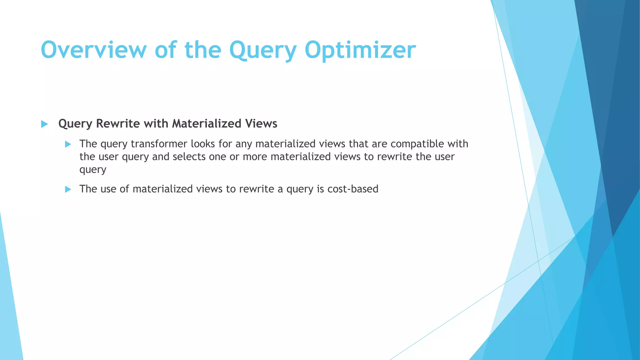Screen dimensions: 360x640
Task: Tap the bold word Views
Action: (x=261, y=123)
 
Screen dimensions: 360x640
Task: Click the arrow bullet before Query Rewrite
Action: (x=44, y=124)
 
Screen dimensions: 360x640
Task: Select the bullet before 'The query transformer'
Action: (x=68, y=144)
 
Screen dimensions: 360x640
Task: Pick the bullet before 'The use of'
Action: (x=68, y=189)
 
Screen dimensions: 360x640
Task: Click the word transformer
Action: (x=159, y=144)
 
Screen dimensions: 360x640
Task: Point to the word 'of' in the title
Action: (x=165, y=50)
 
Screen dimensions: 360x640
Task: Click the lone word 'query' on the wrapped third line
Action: (x=93, y=170)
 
